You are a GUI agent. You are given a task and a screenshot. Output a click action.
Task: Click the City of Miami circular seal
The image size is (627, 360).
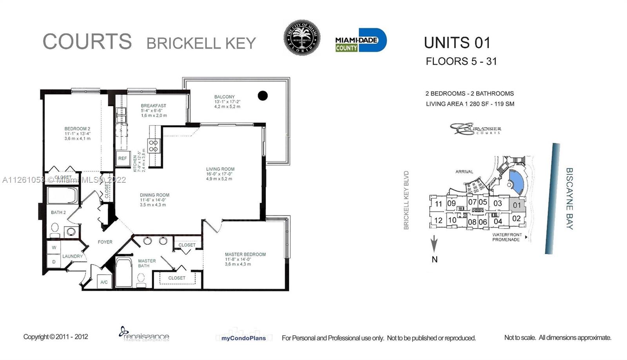coord(302,38)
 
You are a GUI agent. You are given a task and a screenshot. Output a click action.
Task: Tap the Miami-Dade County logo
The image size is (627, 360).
coord(361,40)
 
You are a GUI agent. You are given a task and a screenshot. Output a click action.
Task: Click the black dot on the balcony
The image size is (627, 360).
coord(263,95)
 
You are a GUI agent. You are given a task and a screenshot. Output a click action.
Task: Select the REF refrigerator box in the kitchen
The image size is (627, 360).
coord(122,158)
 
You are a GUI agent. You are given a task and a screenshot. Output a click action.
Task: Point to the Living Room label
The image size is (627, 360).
coord(220,169)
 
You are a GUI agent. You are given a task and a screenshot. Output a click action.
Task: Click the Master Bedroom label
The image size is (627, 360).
coord(245,255)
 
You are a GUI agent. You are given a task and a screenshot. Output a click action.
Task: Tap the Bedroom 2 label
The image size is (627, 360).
coord(77,129)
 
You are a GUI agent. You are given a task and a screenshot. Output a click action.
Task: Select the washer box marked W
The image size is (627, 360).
coord(54,247)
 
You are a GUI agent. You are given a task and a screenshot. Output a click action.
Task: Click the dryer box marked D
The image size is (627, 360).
coord(54,262)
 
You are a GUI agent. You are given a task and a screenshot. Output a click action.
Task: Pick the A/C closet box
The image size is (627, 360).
coord(104,282)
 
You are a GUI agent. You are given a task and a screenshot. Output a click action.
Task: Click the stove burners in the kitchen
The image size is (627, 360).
coord(153,146)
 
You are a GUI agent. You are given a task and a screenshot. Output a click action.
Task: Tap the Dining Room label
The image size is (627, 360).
coord(154,195)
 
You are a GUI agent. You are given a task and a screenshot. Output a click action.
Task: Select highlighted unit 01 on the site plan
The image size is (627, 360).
coord(517,205)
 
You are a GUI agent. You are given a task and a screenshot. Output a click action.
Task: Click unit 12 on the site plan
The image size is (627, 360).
coord(438,220)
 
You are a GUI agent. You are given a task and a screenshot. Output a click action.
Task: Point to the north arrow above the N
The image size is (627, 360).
coord(434,244)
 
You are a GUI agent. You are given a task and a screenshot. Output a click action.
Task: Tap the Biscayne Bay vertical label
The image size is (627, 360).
coord(569,198)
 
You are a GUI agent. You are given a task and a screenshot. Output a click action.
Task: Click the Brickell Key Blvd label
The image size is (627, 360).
coord(406,200)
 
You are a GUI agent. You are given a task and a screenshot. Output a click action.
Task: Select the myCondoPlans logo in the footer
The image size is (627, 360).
coord(241,337)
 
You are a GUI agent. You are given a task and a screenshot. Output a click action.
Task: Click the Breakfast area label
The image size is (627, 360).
coord(153,105)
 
